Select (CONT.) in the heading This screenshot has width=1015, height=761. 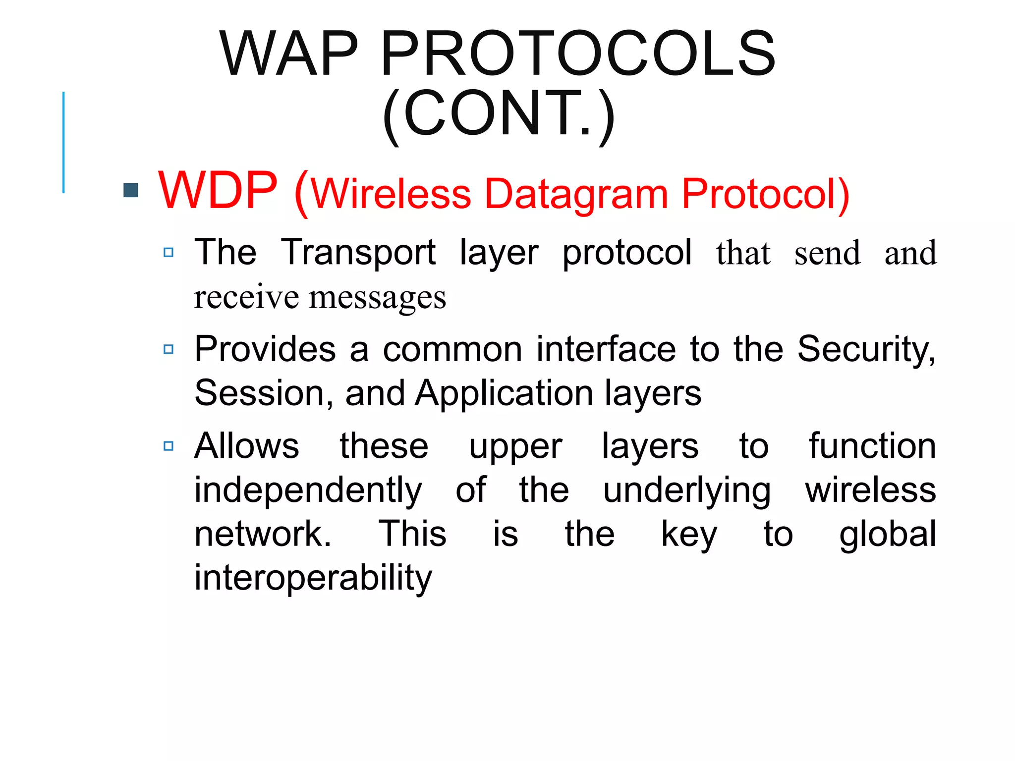pyautogui.click(x=499, y=114)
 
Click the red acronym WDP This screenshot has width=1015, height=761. pyautogui.click(x=218, y=191)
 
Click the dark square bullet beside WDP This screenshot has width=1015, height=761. pyautogui.click(x=131, y=190)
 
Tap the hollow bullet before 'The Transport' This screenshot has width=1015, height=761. pyautogui.click(x=169, y=253)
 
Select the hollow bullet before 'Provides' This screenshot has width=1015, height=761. pyautogui.click(x=169, y=349)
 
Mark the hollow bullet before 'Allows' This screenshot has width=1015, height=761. pyautogui.click(x=169, y=446)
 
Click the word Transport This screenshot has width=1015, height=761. pyautogui.click(x=358, y=253)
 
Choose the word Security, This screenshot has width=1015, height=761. pyautogui.click(x=866, y=349)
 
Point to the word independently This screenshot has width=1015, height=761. pyautogui.click(x=308, y=490)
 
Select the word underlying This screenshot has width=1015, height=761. pyautogui.click(x=686, y=490)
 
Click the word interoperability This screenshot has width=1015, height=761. pyautogui.click(x=313, y=578)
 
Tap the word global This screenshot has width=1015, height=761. pyautogui.click(x=887, y=534)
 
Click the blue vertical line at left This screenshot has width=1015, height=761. pyautogui.click(x=63, y=142)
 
